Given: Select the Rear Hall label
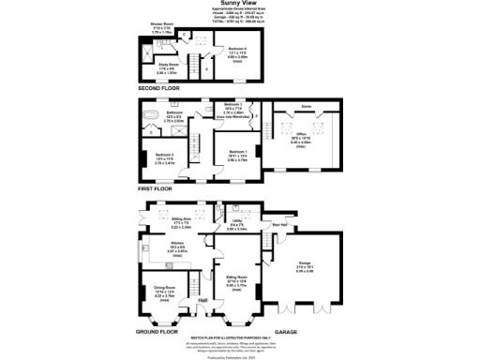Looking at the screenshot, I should (x=279, y=223).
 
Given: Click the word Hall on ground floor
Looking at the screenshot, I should (x=202, y=300).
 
